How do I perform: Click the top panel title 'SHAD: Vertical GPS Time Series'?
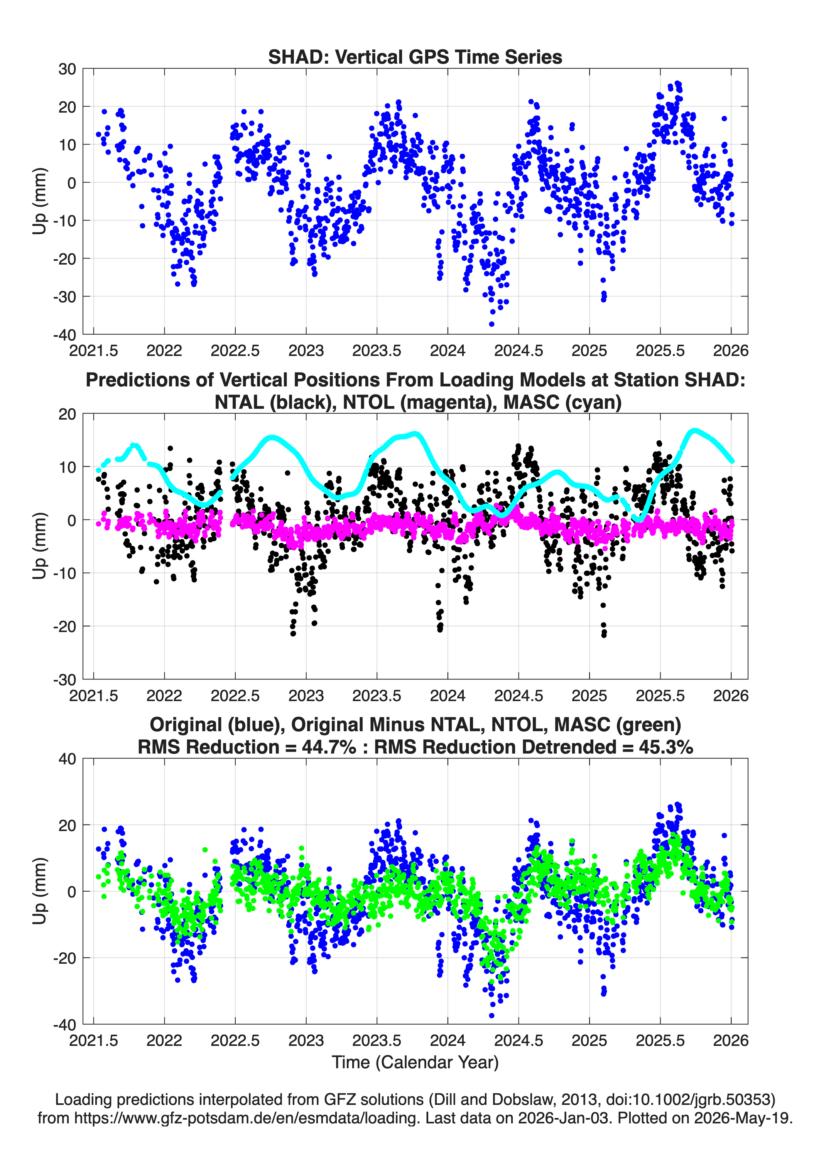coord(415,57)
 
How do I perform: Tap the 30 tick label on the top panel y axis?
coord(67,69)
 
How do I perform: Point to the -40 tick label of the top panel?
coord(64,335)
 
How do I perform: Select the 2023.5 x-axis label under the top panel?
coord(377,351)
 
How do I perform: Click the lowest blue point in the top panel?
coord(491,324)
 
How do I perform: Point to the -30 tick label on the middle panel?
coord(64,680)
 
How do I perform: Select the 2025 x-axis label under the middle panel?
coord(589,695)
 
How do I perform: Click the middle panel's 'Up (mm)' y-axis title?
coord(40,546)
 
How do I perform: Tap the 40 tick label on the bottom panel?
coord(67,759)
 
